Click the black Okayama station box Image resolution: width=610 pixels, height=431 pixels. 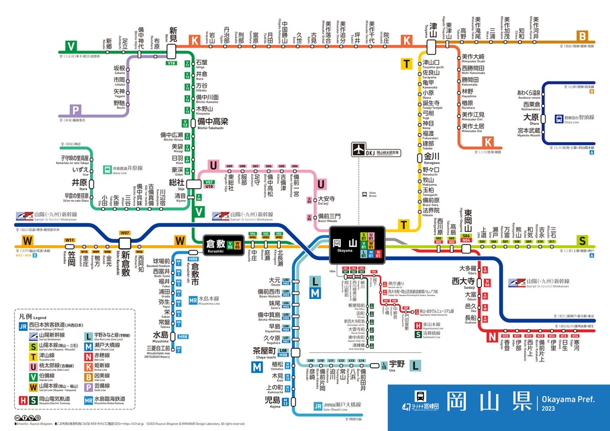[x=355, y=244]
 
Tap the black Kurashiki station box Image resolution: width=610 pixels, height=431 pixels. [x=219, y=244]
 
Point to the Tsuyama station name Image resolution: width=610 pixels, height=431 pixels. [x=432, y=30]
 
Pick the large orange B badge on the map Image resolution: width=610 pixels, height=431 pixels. [x=582, y=35]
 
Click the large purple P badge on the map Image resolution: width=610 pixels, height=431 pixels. [x=75, y=110]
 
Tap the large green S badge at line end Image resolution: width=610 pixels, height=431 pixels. [x=582, y=241]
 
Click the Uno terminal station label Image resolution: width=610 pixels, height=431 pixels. [x=397, y=364]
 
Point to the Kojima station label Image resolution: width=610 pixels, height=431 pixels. [x=272, y=401]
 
